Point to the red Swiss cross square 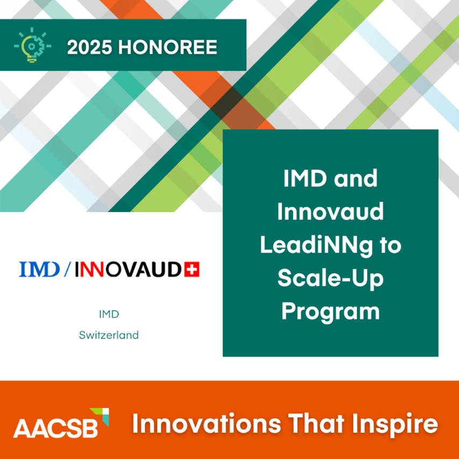(x=191, y=269)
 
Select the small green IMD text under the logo (x=109, y=314)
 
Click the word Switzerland (x=109, y=335)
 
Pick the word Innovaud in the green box (x=330, y=212)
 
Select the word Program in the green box (x=330, y=312)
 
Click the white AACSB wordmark (x=55, y=428)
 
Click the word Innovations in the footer (x=199, y=424)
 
